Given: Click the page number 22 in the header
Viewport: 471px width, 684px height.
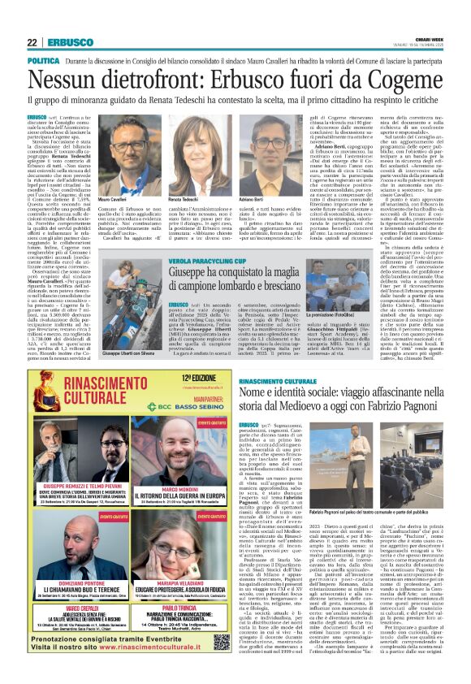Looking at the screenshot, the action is click(32, 43).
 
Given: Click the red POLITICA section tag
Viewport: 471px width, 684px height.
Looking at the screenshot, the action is click(43, 62).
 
